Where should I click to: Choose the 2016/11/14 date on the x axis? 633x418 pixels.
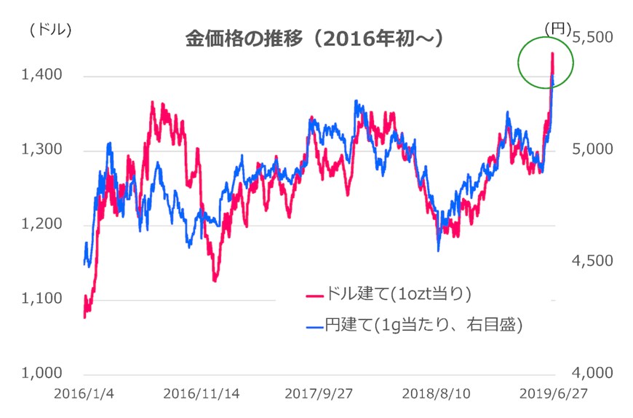pos(202,393)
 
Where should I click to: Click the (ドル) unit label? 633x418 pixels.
pos(50,29)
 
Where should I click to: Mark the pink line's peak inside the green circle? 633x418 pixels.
pos(552,53)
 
